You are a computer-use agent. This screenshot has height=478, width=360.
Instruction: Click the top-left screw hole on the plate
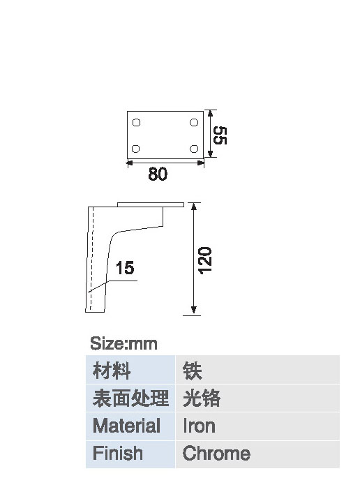(x=136, y=123)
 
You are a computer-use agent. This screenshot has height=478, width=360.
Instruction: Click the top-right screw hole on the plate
(x=194, y=122)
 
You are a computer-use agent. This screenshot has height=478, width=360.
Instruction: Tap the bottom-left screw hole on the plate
(x=135, y=149)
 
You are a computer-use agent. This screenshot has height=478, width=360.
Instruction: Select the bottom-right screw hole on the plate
(x=194, y=149)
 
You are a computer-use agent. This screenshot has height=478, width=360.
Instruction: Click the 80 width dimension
(x=158, y=174)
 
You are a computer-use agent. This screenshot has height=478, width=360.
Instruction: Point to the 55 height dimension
(x=220, y=135)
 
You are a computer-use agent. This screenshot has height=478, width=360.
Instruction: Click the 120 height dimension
(x=205, y=261)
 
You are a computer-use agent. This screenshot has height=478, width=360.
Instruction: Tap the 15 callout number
(x=125, y=268)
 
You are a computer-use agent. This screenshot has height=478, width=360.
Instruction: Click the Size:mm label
(x=123, y=343)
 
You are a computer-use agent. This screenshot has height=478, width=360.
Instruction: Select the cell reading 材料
(x=130, y=369)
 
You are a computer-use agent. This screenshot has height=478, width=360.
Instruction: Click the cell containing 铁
(x=257, y=369)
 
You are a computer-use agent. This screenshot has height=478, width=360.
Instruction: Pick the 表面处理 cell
(x=130, y=398)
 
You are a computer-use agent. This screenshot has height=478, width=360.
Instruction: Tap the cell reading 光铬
(x=257, y=398)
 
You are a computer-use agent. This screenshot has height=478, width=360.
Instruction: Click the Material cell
(x=130, y=426)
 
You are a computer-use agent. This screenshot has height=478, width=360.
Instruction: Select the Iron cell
(x=257, y=426)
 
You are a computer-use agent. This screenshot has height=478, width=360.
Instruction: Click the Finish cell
(x=130, y=454)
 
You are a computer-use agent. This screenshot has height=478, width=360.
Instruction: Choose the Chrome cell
(x=257, y=454)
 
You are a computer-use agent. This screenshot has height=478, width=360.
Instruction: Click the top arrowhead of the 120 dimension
(x=193, y=207)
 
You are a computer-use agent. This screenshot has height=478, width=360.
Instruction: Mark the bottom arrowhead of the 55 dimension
(x=210, y=154)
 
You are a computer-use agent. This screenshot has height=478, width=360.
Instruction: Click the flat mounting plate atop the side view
(x=151, y=204)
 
